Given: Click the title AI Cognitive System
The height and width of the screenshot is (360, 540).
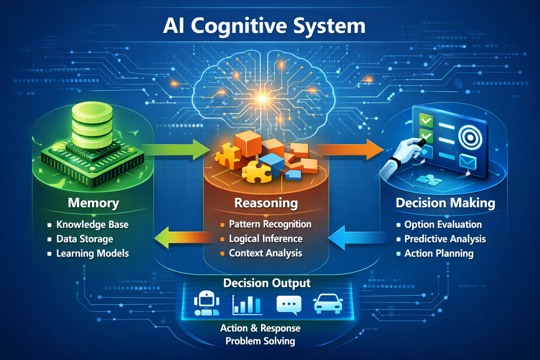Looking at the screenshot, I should tap(264, 26).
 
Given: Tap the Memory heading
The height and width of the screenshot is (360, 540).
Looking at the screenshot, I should tap(93, 203).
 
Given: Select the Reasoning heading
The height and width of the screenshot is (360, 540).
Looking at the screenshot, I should tap(266, 203).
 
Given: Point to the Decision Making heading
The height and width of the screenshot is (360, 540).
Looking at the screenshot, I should tap(445, 203).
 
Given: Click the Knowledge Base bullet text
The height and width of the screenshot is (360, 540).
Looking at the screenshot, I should tap(92, 224).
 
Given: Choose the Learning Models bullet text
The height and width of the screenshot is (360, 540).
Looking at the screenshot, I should tap(92, 253).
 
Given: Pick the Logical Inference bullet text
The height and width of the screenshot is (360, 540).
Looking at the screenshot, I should tap(265, 239).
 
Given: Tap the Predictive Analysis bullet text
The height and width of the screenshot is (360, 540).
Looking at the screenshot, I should tap(445, 239).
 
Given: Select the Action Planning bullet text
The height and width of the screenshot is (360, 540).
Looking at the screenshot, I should tap(439, 253).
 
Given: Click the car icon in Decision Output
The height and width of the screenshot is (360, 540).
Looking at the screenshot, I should tap(328, 303).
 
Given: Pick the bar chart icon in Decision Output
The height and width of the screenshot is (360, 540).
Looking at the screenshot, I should tap(247, 304).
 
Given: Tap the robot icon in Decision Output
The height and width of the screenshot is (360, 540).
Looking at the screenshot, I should tap(207, 303).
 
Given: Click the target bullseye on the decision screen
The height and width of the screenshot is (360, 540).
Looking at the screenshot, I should tap(470, 137).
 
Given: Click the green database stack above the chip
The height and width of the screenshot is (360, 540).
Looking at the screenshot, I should tap(92, 125).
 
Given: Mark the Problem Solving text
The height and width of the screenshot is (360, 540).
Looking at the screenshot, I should tap(260, 341).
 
